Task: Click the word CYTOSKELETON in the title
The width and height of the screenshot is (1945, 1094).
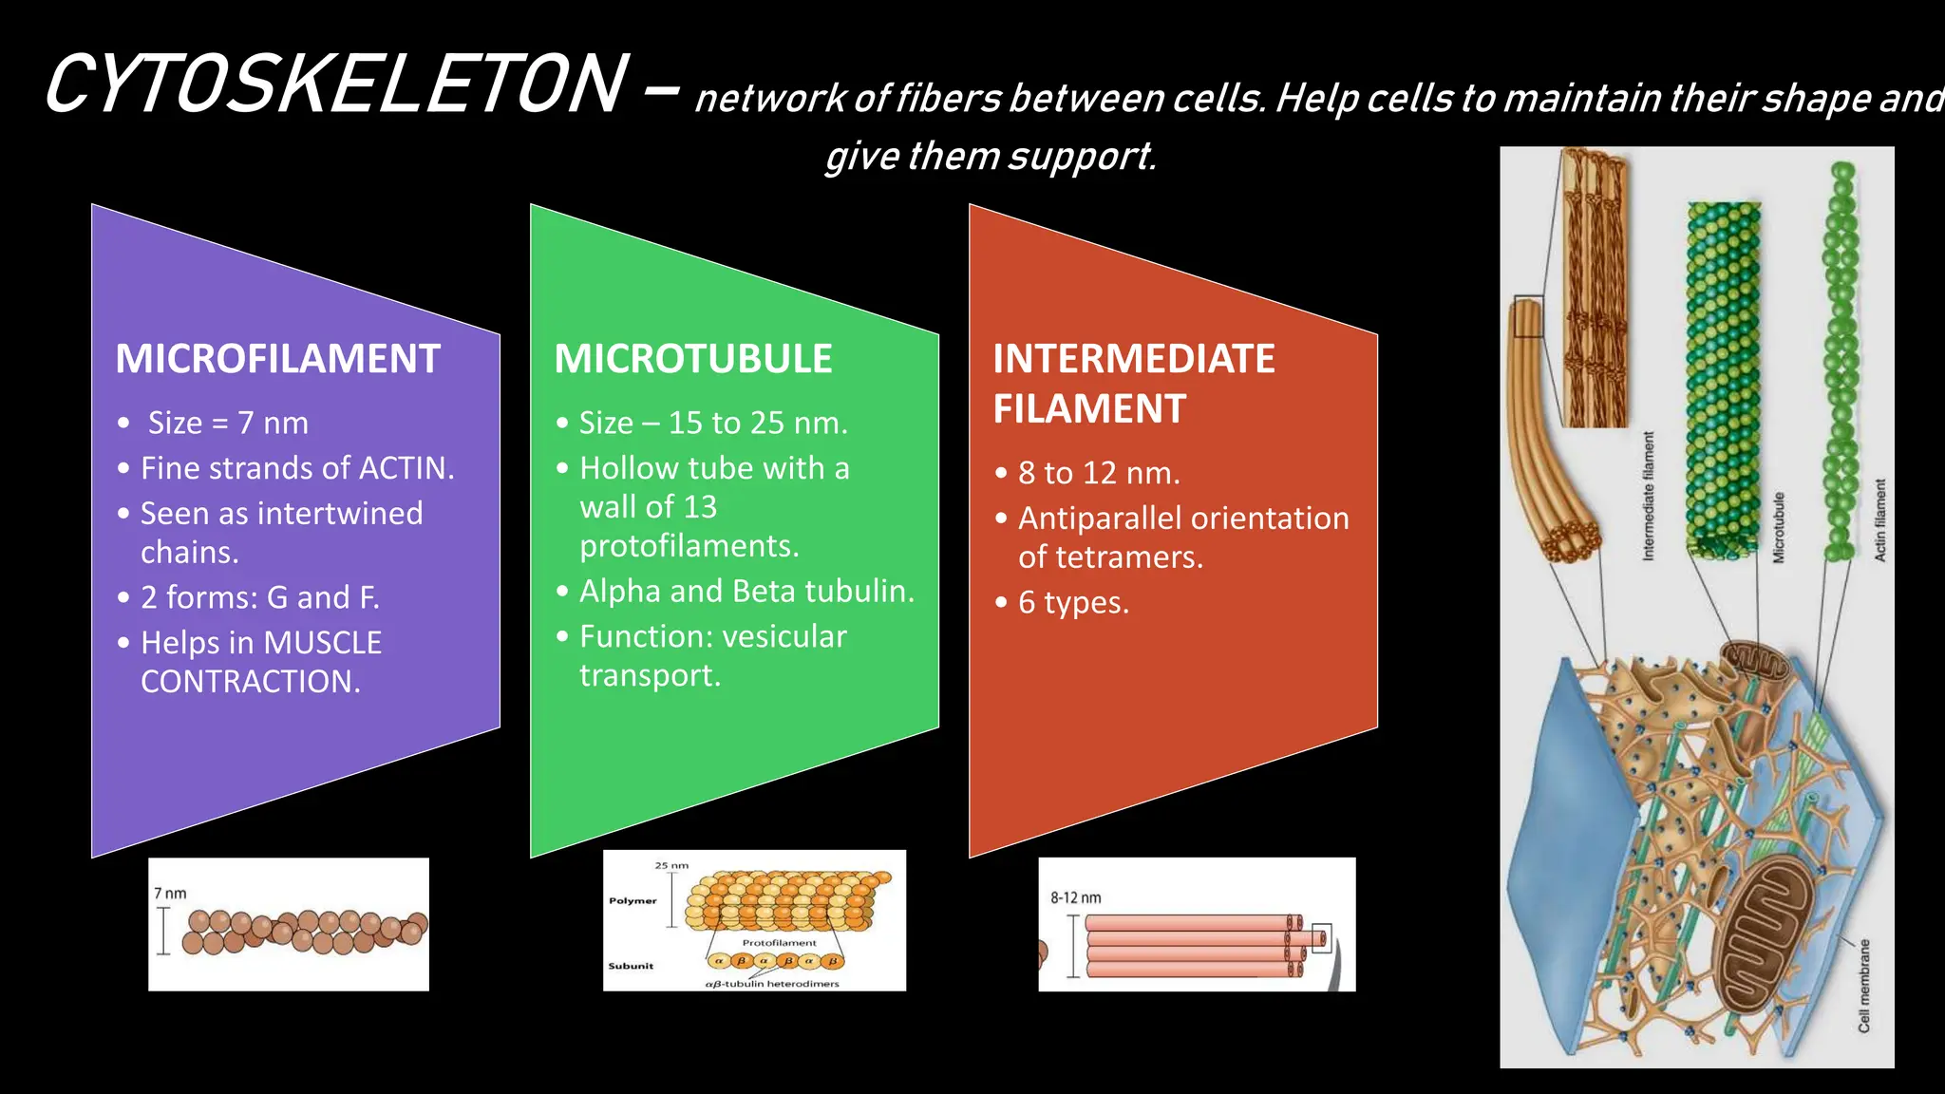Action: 334,85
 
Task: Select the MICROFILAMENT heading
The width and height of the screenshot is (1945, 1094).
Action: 277,359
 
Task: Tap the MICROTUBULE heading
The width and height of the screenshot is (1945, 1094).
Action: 692,359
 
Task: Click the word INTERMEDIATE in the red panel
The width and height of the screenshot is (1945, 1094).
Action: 1133,359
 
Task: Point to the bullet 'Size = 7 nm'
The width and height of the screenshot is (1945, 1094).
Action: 227,423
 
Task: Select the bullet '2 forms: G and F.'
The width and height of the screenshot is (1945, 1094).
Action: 259,597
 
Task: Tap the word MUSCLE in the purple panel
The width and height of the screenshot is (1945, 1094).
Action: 323,643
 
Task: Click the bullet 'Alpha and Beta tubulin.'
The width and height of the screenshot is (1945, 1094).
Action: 746,591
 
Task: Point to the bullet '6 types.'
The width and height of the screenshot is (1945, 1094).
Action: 1073,602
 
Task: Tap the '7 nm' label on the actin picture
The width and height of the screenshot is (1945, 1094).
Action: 170,894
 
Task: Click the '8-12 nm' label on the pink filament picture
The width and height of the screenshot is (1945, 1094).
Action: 1075,897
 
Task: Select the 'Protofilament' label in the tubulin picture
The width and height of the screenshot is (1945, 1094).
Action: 779,943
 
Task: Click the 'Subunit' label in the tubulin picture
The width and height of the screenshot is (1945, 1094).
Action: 631,966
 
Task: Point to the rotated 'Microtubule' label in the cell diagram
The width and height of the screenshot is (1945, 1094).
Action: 1779,527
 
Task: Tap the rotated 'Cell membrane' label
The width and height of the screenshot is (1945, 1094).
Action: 1863,985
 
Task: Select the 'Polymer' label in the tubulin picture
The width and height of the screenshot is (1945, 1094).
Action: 633,900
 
